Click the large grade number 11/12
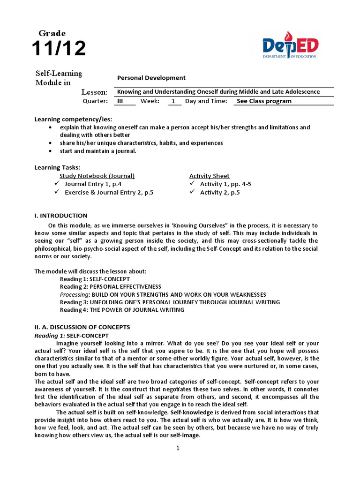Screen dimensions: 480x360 point(59,48)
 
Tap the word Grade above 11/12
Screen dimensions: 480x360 point(52,33)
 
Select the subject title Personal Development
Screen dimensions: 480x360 point(151,78)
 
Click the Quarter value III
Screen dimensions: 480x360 point(120,101)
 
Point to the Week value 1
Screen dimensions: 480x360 point(173,101)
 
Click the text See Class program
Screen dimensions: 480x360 point(264,101)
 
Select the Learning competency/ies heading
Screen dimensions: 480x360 point(73,119)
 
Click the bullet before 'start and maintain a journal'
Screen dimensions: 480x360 point(50,151)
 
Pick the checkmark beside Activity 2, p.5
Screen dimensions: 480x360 point(192,192)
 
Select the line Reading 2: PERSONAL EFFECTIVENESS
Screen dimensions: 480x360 point(110,286)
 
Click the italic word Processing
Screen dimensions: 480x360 point(75,294)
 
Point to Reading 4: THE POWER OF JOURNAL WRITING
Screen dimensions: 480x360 point(122,310)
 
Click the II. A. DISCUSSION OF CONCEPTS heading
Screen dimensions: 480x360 point(82,327)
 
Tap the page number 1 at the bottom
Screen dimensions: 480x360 point(178,449)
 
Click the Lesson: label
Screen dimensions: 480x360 point(94,92)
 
